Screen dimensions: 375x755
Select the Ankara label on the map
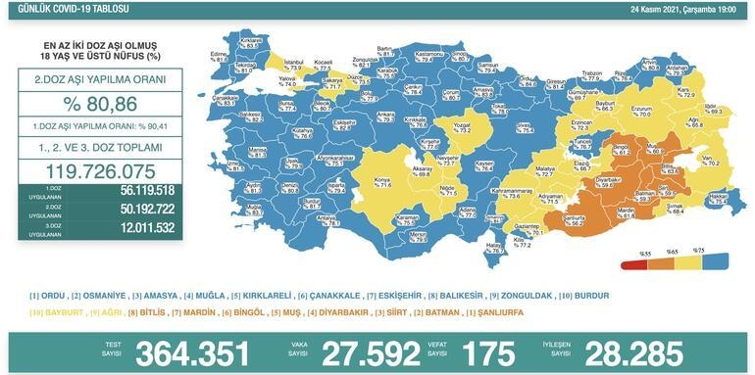(x=385, y=116)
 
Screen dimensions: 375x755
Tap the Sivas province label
(x=524, y=125)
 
